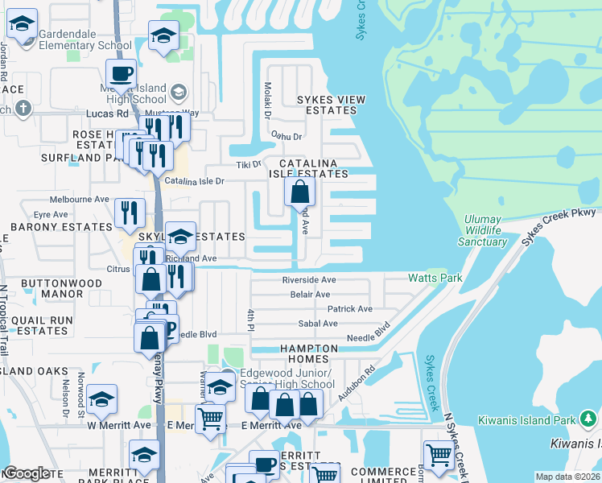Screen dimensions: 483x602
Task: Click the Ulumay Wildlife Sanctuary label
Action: [x=483, y=230]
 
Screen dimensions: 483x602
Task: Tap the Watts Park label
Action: [x=435, y=278]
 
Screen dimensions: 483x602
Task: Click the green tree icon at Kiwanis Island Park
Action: [x=589, y=419]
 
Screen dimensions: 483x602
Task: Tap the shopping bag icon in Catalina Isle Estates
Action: [x=299, y=192]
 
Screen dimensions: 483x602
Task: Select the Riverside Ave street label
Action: [x=309, y=280]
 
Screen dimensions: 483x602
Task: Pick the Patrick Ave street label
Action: [x=349, y=309]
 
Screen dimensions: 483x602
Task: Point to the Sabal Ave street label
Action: [x=318, y=324]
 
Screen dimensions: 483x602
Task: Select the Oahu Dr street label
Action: [x=287, y=137]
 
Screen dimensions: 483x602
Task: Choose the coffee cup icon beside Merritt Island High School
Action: [x=122, y=74]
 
